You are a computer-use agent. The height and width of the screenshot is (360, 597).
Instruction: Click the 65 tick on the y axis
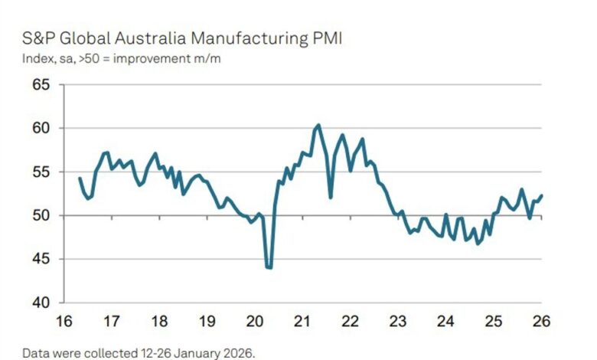tap(39, 84)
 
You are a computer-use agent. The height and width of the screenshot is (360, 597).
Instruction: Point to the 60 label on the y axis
tap(39, 128)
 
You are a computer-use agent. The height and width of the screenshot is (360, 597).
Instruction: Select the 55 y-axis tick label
tap(39, 172)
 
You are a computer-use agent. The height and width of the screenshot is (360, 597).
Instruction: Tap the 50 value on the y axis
tap(39, 215)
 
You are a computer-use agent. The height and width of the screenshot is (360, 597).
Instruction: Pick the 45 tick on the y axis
tap(39, 259)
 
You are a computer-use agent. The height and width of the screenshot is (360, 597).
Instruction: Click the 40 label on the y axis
tap(39, 303)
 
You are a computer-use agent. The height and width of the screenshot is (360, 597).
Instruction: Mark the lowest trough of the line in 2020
tap(269, 267)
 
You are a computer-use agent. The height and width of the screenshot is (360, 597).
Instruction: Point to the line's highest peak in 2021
tap(318, 125)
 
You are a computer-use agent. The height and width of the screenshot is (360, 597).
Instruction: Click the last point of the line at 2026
tap(541, 195)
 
